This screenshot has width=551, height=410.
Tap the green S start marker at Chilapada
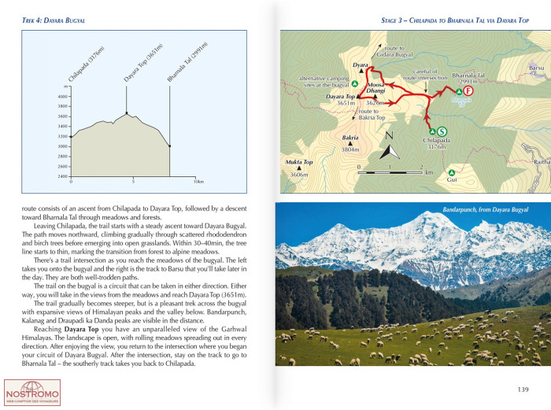[442, 131]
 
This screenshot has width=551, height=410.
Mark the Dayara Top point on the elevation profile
[127, 112]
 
